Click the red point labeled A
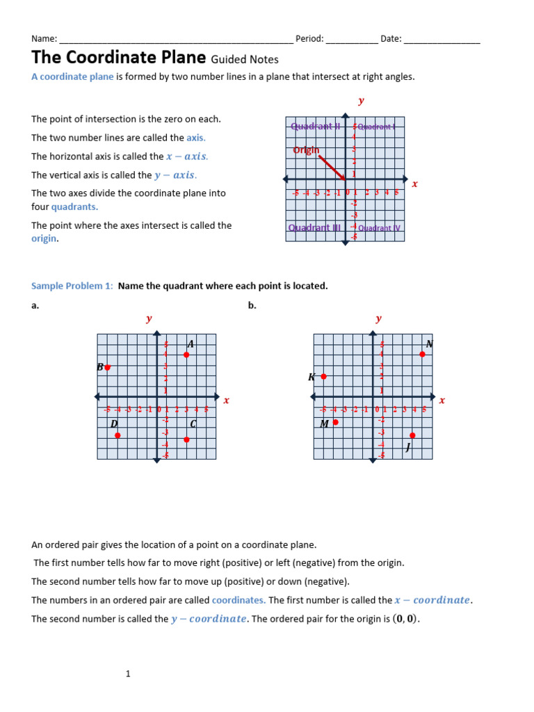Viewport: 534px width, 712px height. click(x=186, y=355)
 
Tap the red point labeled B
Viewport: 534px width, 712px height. click(x=107, y=367)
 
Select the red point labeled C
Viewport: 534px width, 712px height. click(x=186, y=439)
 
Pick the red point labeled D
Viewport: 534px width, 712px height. click(x=118, y=435)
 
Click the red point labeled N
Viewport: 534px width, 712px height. click(x=422, y=355)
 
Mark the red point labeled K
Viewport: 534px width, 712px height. click(x=323, y=376)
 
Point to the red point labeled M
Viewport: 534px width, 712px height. click(x=335, y=422)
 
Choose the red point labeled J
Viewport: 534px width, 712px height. click(x=413, y=435)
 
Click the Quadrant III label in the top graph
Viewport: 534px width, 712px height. click(x=314, y=227)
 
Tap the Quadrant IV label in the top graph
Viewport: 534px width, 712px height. click(x=379, y=228)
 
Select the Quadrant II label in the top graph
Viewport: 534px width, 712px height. click(x=315, y=127)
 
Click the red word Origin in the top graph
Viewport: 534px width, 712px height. click(x=306, y=149)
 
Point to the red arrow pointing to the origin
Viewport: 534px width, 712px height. click(x=332, y=168)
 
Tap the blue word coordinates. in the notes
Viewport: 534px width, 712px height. click(x=238, y=600)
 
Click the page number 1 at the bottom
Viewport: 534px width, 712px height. click(x=129, y=674)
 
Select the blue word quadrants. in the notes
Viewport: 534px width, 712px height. click(x=74, y=207)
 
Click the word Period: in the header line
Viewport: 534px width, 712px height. click(x=309, y=39)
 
